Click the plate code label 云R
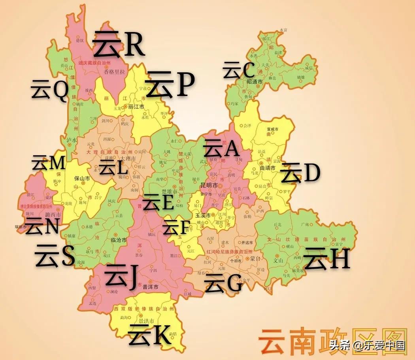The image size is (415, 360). pyautogui.click(x=119, y=45)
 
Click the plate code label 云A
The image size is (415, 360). pyautogui.click(x=221, y=149)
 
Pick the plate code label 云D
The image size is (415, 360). pyautogui.click(x=300, y=173)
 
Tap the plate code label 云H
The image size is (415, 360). pyautogui.click(x=326, y=259)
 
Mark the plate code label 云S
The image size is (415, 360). pyautogui.click(x=55, y=256)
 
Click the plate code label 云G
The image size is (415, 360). pyautogui.click(x=223, y=284)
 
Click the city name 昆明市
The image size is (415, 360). pyautogui.click(x=209, y=185)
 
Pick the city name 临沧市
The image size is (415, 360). pyautogui.click(x=119, y=240)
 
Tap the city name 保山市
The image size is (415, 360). pyautogui.click(x=82, y=178)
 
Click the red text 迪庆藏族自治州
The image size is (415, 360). pyautogui.click(x=94, y=63)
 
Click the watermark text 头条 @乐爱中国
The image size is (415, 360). pyautogui.click(x=368, y=346)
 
